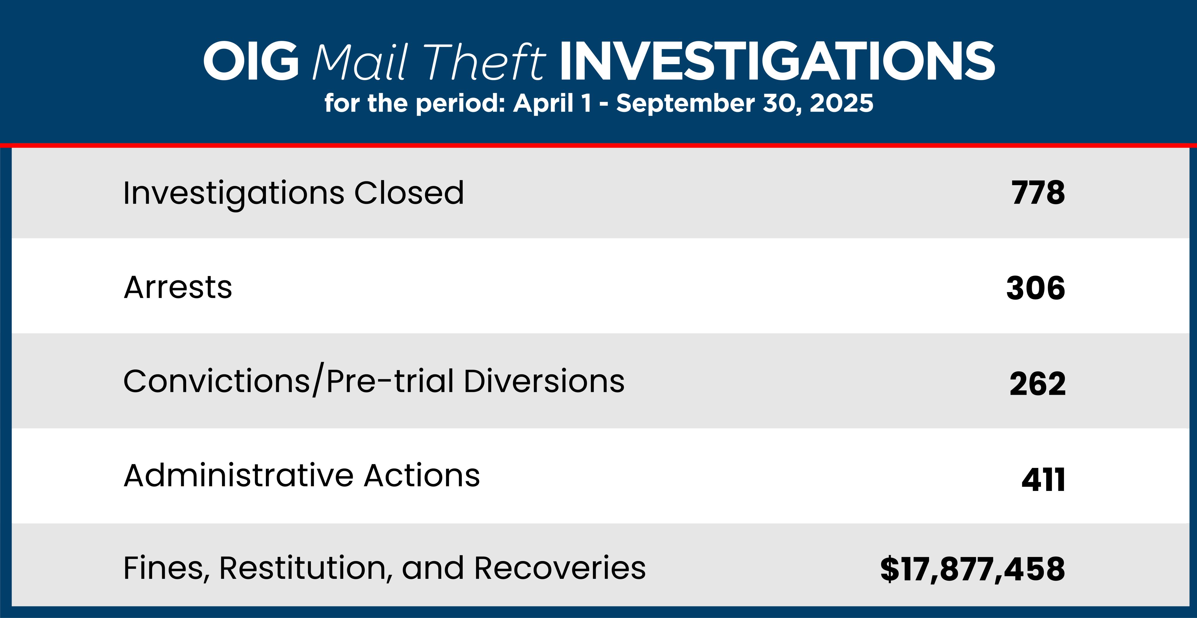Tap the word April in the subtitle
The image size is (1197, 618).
coord(543,103)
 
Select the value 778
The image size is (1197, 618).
coord(1038,193)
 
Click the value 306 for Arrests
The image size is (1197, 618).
coord(1036,288)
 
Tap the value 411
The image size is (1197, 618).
coord(1043,480)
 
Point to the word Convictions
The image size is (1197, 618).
coord(217,381)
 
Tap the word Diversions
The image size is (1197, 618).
coord(544,381)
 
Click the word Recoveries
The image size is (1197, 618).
coord(560,568)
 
